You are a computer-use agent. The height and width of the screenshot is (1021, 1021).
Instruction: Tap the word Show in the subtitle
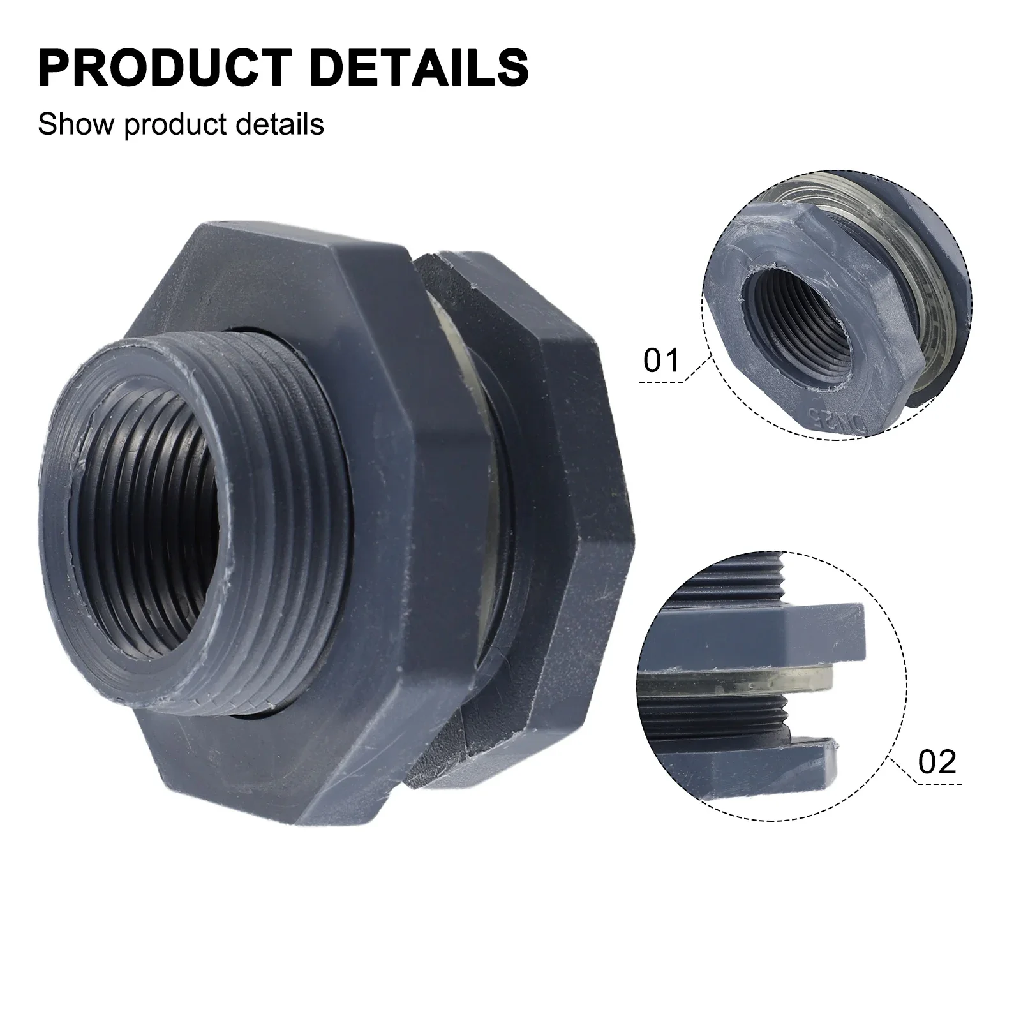pos(77,124)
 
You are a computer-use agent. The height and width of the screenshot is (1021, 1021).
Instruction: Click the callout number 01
pos(662,361)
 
